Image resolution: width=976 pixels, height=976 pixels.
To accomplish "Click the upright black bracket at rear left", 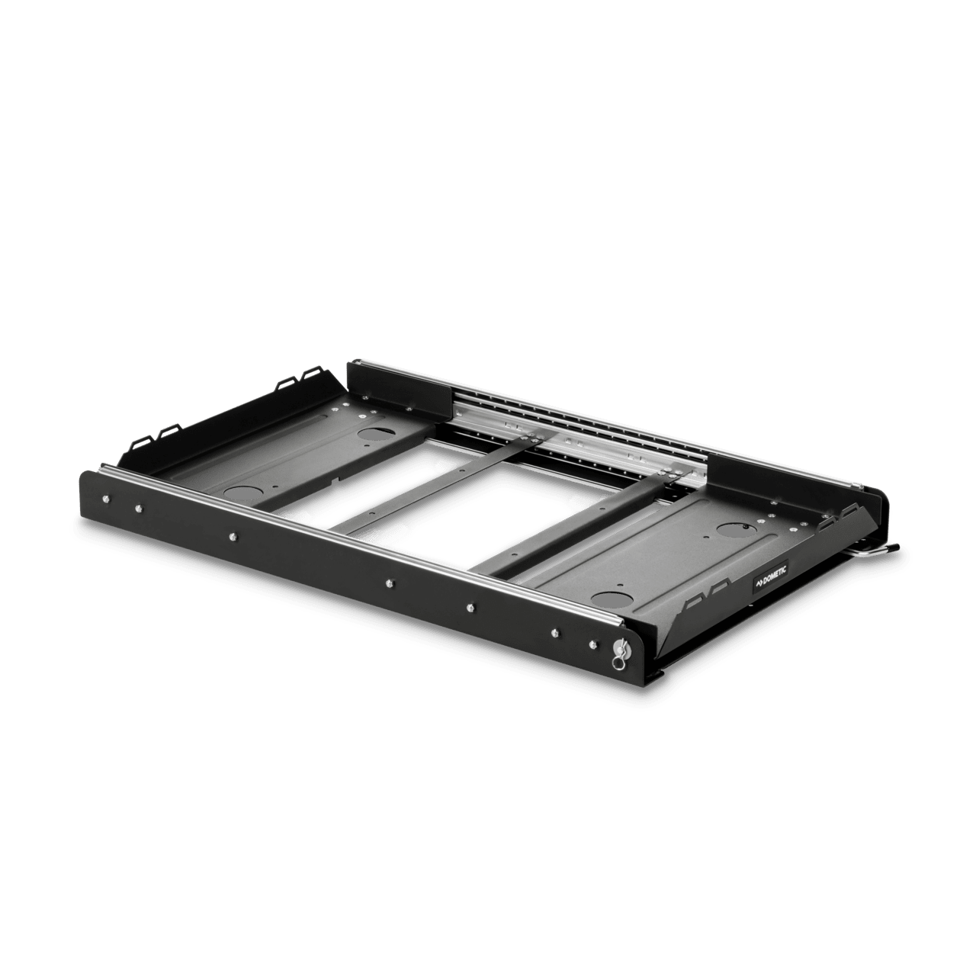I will click(396, 384).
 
